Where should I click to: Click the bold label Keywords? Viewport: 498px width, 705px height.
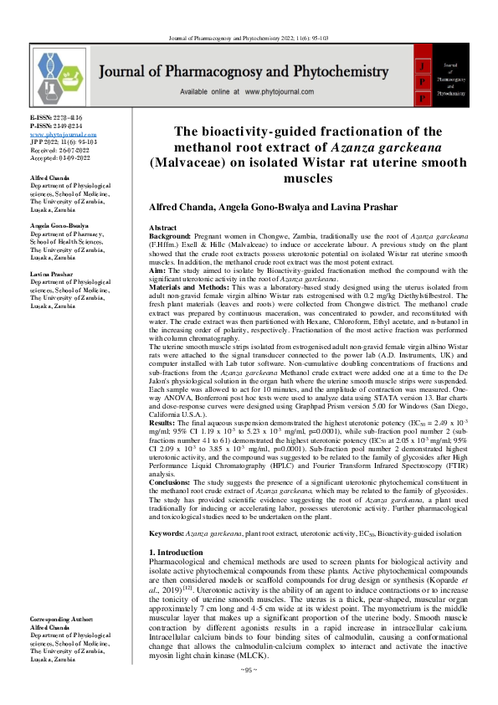click(167, 533)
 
